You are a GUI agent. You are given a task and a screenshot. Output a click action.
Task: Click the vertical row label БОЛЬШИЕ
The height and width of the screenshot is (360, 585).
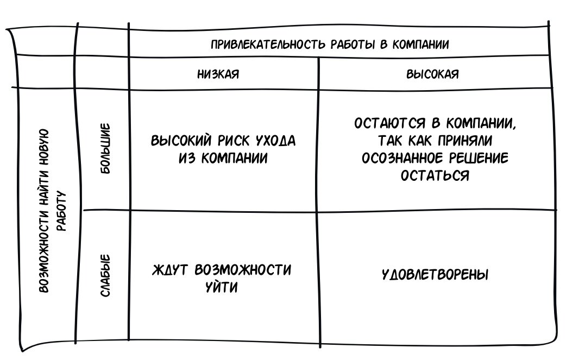[105, 149]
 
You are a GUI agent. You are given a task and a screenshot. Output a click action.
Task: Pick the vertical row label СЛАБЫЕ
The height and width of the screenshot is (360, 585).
[105, 275]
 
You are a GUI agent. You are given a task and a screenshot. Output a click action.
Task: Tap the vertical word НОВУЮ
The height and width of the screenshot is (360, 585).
[46, 147]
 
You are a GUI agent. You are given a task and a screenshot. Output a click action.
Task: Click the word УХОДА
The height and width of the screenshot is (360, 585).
[274, 141]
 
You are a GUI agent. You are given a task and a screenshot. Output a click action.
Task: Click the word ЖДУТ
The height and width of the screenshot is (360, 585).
[171, 270]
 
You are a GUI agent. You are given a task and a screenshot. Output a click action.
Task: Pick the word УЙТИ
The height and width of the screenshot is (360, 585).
[222, 287]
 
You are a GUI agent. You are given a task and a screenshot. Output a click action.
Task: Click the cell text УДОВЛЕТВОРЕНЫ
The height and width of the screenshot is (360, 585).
[435, 275]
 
